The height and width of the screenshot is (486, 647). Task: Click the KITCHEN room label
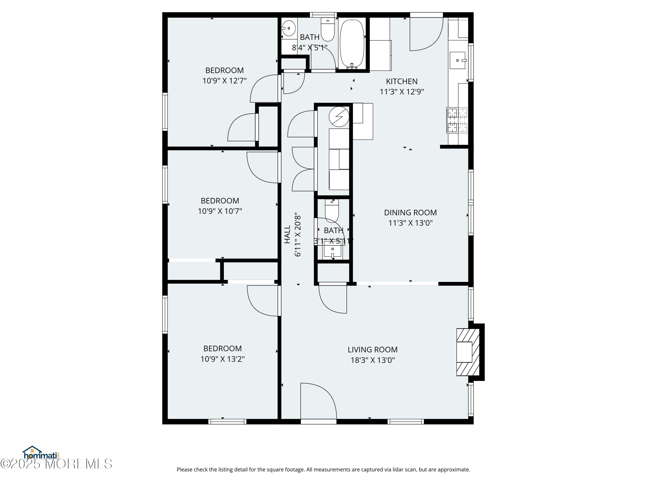click(x=401, y=81)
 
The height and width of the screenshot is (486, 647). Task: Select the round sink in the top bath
click(x=289, y=28)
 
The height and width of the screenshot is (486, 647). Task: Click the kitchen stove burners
click(x=457, y=120)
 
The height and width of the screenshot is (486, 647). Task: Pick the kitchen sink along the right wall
click(x=457, y=60)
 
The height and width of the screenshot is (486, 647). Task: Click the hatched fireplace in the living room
click(x=468, y=352)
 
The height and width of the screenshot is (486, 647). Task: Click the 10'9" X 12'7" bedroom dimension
click(x=224, y=81)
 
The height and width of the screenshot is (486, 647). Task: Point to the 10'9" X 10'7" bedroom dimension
click(x=220, y=211)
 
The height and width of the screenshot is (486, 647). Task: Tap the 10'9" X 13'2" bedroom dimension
click(x=222, y=359)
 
